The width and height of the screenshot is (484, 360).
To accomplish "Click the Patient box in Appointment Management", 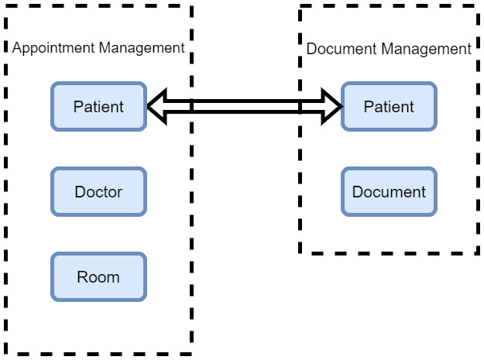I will point(98,106).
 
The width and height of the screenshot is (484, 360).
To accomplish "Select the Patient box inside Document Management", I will point(389,106).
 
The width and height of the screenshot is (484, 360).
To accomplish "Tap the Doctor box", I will point(98,191).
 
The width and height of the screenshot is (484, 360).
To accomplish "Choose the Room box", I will point(98,276).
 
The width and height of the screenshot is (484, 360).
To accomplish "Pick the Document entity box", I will point(389,191).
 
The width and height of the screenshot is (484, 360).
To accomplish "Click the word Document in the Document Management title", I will point(338,49).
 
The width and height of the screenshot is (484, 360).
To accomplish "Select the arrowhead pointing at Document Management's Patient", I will point(333,106).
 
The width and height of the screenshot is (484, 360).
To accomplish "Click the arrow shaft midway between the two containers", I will point(245,106).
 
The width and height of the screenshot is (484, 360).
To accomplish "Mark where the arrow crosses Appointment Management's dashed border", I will point(191,106).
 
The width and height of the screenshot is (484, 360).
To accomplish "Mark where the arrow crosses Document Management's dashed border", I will point(300,106).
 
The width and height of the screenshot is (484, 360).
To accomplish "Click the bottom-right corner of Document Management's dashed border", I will point(478,252).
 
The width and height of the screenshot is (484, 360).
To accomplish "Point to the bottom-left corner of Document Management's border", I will point(300,252).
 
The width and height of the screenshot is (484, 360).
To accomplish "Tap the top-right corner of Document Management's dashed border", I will point(478,7).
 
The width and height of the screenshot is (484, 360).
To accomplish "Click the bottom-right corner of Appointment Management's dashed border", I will point(191,353).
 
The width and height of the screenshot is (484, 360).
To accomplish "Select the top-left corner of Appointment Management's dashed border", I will point(6,6).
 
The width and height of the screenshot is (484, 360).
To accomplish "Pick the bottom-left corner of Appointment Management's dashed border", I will point(6,353).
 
